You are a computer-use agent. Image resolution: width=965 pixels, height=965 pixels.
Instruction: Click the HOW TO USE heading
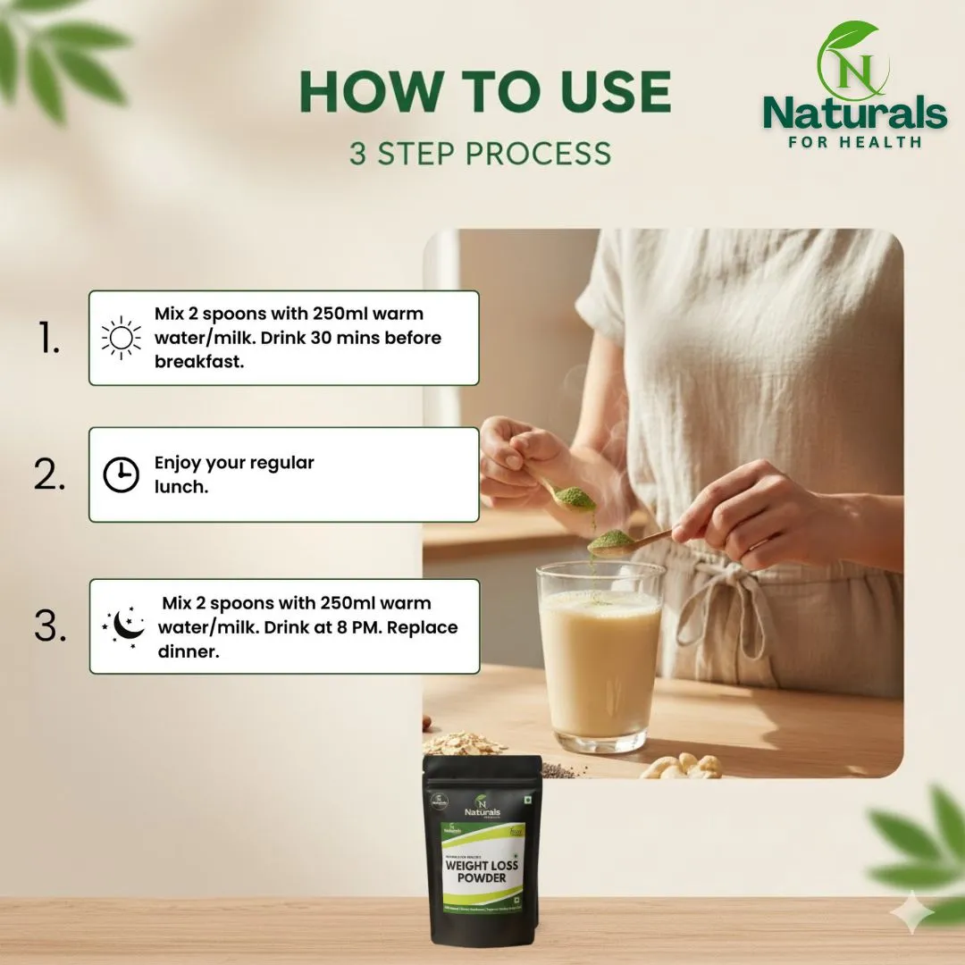click(x=484, y=91)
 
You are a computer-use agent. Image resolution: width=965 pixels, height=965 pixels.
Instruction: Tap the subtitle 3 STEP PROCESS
click(x=481, y=153)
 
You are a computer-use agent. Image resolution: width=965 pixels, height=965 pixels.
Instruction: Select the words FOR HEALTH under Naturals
click(x=854, y=141)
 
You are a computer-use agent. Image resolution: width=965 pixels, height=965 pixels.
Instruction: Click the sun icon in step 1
click(x=122, y=339)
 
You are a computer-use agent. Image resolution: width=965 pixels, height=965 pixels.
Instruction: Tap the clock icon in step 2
click(x=122, y=475)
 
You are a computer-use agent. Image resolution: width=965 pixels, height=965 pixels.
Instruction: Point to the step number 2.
click(x=50, y=475)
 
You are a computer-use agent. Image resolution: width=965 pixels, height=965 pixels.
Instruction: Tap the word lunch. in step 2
click(x=181, y=488)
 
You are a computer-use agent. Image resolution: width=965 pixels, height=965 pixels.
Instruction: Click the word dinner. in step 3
click(x=189, y=651)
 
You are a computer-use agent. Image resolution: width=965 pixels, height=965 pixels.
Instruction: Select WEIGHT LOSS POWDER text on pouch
click(x=482, y=871)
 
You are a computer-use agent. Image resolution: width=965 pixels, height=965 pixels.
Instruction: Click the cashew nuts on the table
click(x=684, y=766)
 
